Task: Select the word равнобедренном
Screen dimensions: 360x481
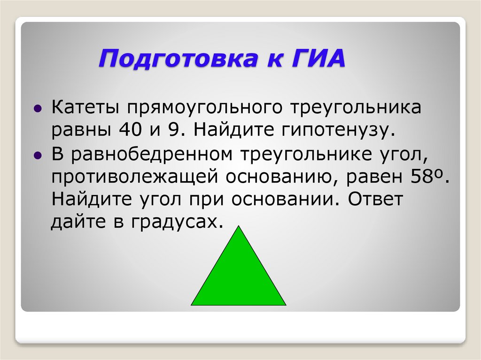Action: [x=156, y=154]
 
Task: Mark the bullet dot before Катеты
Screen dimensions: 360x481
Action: [x=38, y=109]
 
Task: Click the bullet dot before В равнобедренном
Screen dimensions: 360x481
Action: [x=38, y=155]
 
